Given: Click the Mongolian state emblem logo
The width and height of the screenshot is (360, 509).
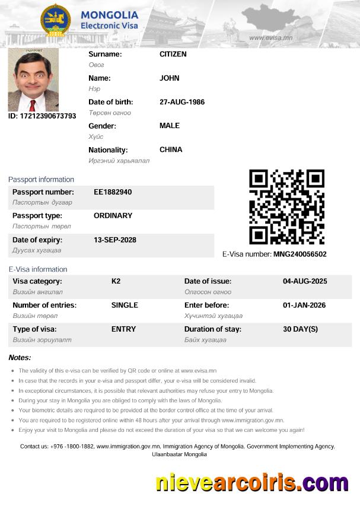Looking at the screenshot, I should [x=55, y=21].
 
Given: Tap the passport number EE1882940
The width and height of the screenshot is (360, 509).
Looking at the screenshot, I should [x=113, y=192].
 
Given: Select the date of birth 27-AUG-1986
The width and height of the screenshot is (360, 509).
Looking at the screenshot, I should [x=182, y=102].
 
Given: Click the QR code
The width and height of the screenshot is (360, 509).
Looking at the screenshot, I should [x=286, y=207].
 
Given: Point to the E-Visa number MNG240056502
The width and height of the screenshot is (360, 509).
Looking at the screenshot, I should [x=300, y=254].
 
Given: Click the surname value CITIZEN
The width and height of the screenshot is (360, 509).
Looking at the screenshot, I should [x=173, y=54].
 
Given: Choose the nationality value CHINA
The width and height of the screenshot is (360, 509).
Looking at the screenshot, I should [x=171, y=149].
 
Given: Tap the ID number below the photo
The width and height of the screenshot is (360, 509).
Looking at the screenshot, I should [x=42, y=116].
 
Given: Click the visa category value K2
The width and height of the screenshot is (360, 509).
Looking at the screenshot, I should [x=116, y=281].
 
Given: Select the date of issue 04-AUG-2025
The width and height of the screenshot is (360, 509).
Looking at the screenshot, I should [x=305, y=281].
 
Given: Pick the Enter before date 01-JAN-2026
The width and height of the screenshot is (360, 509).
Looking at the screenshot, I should [x=305, y=305].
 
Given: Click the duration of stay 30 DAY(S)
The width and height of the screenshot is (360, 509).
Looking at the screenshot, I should [x=300, y=329].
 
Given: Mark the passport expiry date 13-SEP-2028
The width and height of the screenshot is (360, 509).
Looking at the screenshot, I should [x=115, y=240].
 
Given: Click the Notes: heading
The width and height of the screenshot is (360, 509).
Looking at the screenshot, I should [x=20, y=357].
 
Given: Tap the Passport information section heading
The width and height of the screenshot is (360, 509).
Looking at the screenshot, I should [x=41, y=179].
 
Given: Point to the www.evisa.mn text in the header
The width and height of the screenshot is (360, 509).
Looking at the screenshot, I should [x=270, y=37].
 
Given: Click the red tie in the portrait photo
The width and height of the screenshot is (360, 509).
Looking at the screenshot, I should [x=33, y=105].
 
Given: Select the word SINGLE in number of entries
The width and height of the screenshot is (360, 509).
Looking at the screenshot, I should [x=125, y=305].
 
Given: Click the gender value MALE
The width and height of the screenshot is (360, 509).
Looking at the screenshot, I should [x=170, y=126].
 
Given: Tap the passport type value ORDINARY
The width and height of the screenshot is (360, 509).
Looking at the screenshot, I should [x=113, y=216].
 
